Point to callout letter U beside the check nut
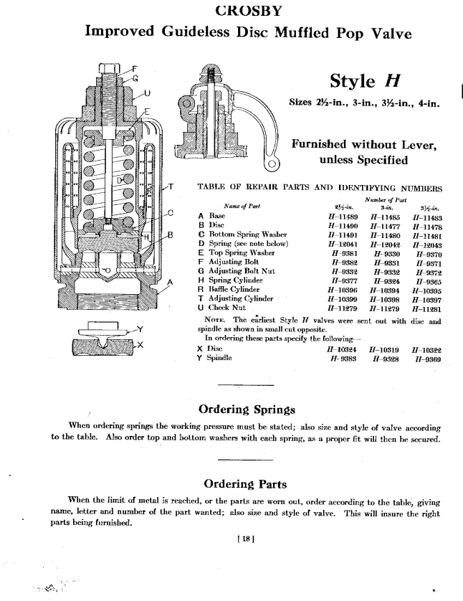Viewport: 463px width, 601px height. [x=147, y=93]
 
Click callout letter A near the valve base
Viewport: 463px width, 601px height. [x=171, y=283]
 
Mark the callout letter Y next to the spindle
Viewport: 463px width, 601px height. [x=140, y=330]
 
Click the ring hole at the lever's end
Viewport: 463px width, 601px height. [x=272, y=170]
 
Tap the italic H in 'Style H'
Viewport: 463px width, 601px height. [x=391, y=81]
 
